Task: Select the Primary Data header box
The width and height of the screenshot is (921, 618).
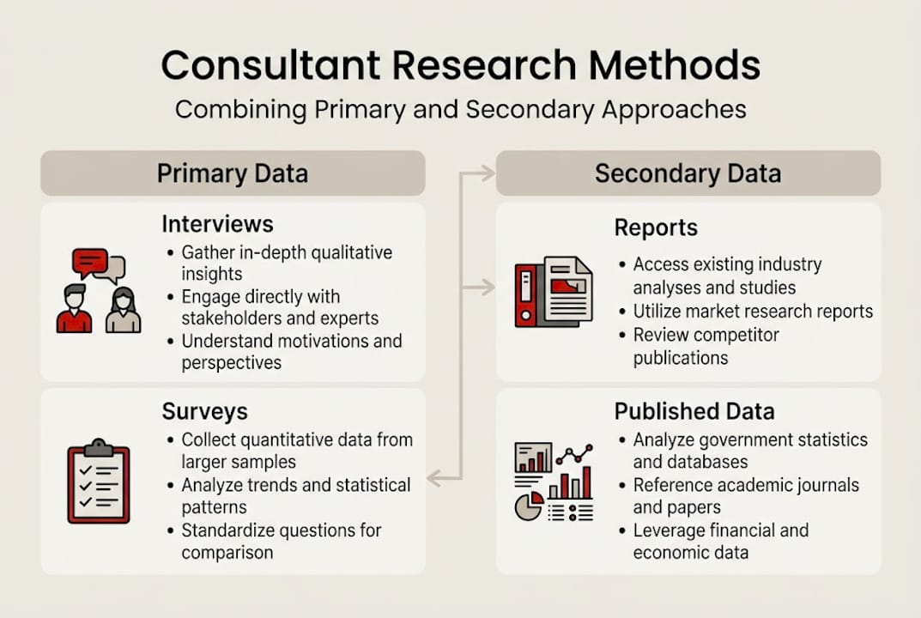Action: click(x=233, y=173)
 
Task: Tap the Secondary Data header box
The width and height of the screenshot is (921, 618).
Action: click(x=688, y=173)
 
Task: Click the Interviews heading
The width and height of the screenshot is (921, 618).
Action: click(x=217, y=225)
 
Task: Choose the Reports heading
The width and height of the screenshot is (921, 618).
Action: click(x=656, y=228)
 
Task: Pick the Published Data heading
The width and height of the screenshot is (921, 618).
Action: click(x=694, y=412)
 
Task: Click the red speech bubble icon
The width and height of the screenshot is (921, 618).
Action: click(x=89, y=260)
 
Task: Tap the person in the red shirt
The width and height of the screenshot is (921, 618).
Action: click(x=74, y=311)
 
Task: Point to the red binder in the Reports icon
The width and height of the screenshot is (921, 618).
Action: click(x=525, y=294)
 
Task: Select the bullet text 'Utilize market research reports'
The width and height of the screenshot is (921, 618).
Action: click(x=753, y=312)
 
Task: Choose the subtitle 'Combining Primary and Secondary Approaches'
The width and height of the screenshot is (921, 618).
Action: click(x=460, y=110)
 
